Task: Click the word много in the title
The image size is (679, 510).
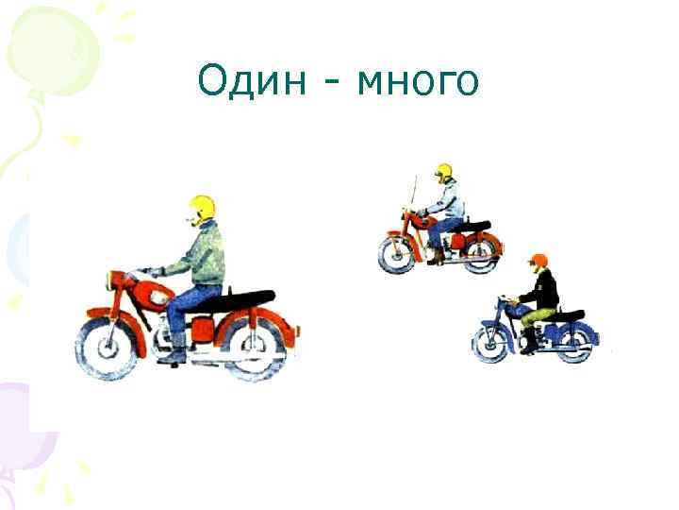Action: (419, 83)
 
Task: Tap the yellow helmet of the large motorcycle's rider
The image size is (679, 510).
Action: (202, 208)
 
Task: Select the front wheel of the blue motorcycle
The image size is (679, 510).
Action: (491, 346)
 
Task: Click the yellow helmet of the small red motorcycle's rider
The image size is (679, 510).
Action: (443, 172)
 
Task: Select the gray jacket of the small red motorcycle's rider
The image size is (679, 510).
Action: (448, 201)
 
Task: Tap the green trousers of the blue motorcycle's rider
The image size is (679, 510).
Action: (535, 316)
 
